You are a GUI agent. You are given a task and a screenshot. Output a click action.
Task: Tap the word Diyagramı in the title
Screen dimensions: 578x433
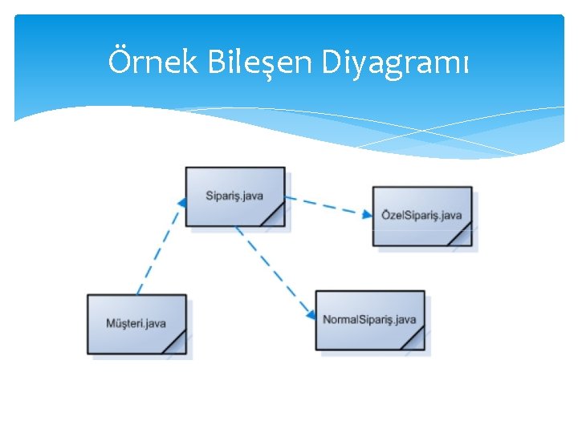point(395,63)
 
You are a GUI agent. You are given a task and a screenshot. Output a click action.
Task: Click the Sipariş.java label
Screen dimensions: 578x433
point(234,196)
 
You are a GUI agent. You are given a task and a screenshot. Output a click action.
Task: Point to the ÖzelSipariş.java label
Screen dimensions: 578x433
point(421,215)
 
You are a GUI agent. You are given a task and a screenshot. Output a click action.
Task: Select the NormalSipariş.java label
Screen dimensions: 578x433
point(369,320)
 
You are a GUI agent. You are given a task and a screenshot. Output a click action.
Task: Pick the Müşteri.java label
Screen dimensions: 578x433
point(136,324)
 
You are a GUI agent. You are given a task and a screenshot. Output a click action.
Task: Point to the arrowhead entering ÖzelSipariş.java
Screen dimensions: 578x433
point(367,214)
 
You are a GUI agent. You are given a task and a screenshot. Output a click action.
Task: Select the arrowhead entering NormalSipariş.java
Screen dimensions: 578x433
point(311,314)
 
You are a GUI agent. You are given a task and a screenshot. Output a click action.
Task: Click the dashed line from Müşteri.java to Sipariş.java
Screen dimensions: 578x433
point(158,249)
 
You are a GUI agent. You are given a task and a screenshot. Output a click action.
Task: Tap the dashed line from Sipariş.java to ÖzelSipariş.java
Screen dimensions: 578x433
point(325,205)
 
